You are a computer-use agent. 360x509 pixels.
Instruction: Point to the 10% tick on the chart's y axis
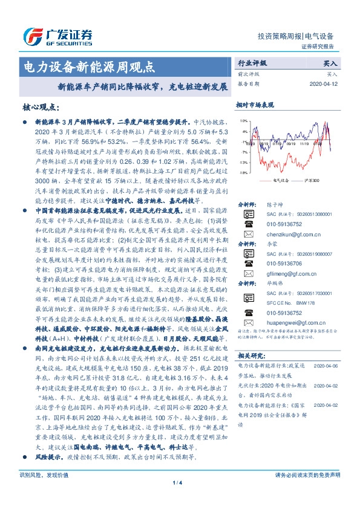[x=243, y=122]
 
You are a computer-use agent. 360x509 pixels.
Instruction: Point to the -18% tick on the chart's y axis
[x=243, y=173]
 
